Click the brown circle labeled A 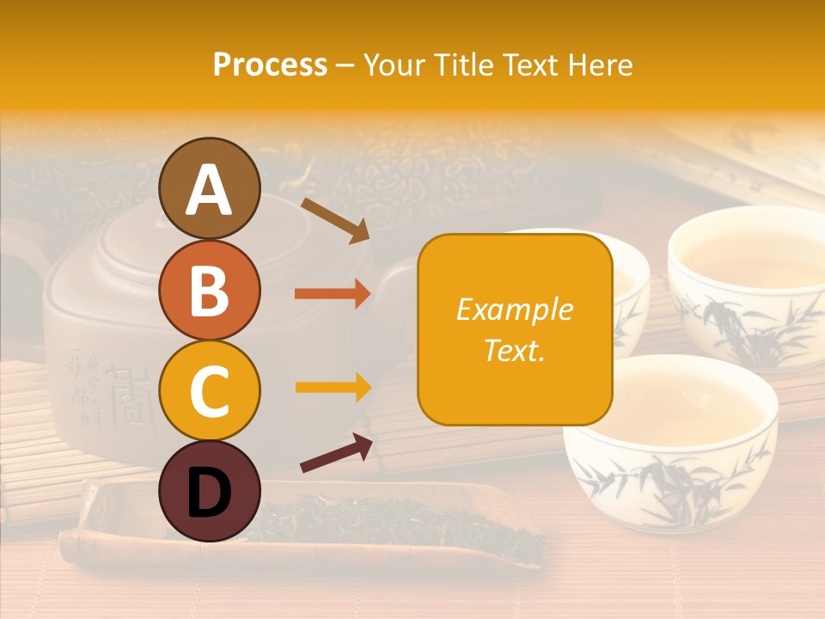click(x=210, y=188)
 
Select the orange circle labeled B click(x=210, y=290)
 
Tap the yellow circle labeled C click(x=210, y=391)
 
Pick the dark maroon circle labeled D click(x=210, y=493)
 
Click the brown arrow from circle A click(x=334, y=219)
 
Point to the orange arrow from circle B click(x=332, y=294)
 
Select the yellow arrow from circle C click(x=332, y=387)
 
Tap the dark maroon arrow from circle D click(x=336, y=453)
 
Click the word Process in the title click(x=270, y=64)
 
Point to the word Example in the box click(x=514, y=309)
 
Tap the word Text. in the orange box click(x=514, y=350)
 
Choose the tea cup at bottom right click(x=670, y=438)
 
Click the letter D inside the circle click(x=210, y=493)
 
